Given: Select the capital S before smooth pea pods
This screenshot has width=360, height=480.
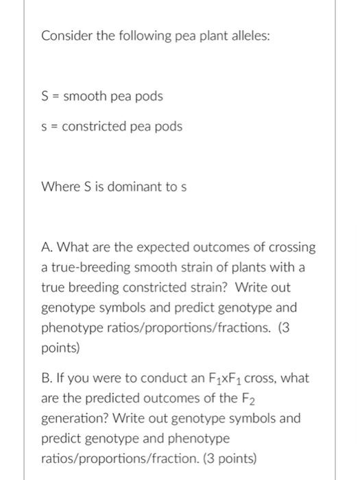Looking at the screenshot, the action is pos(45,96).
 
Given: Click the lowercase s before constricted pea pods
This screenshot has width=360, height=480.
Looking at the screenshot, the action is pos(45,127).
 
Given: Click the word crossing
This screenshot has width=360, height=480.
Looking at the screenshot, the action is pos(293,246).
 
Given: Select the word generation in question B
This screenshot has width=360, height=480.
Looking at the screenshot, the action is pos(73,418).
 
